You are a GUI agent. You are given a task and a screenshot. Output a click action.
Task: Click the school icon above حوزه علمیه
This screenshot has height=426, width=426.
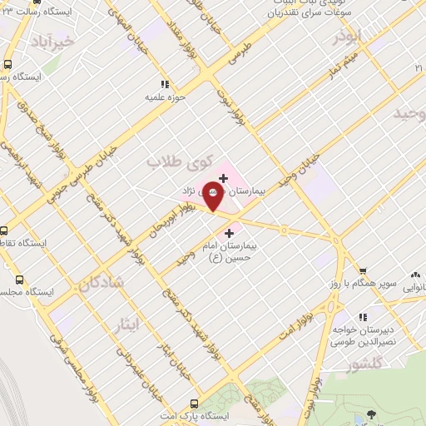(x=165, y=84)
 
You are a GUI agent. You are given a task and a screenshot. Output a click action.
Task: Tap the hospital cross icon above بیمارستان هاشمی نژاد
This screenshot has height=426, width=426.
(x=223, y=177)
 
